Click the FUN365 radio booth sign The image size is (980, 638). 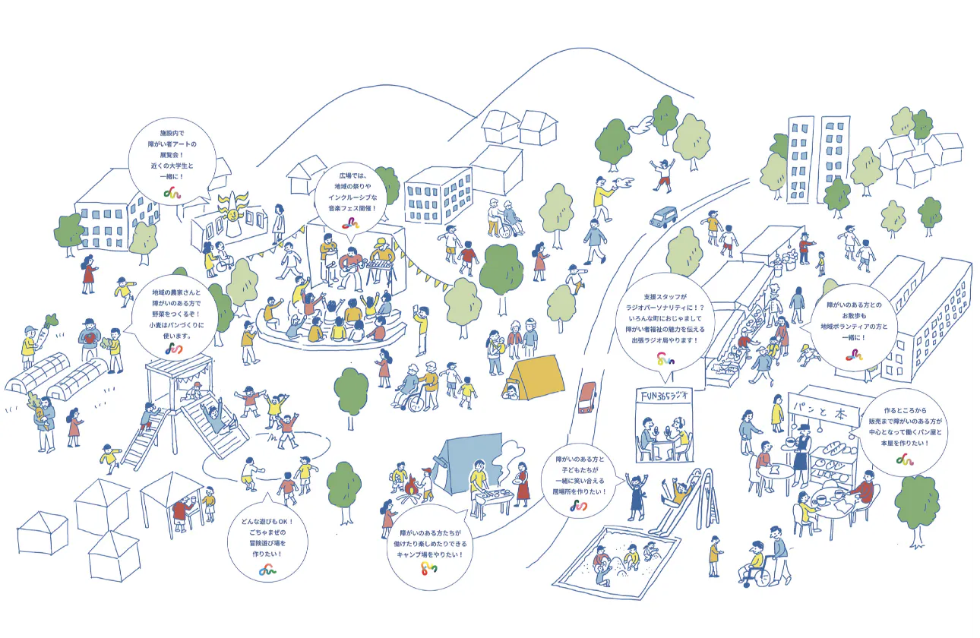664,397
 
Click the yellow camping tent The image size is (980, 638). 534,377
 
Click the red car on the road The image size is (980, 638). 587,397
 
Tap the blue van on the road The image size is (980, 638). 663,216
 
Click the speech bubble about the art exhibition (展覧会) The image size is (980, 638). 172,160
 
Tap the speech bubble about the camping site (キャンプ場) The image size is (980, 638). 430,546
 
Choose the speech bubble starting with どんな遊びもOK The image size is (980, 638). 267,542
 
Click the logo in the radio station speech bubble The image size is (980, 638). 665,358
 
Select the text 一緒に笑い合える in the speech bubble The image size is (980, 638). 580,481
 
